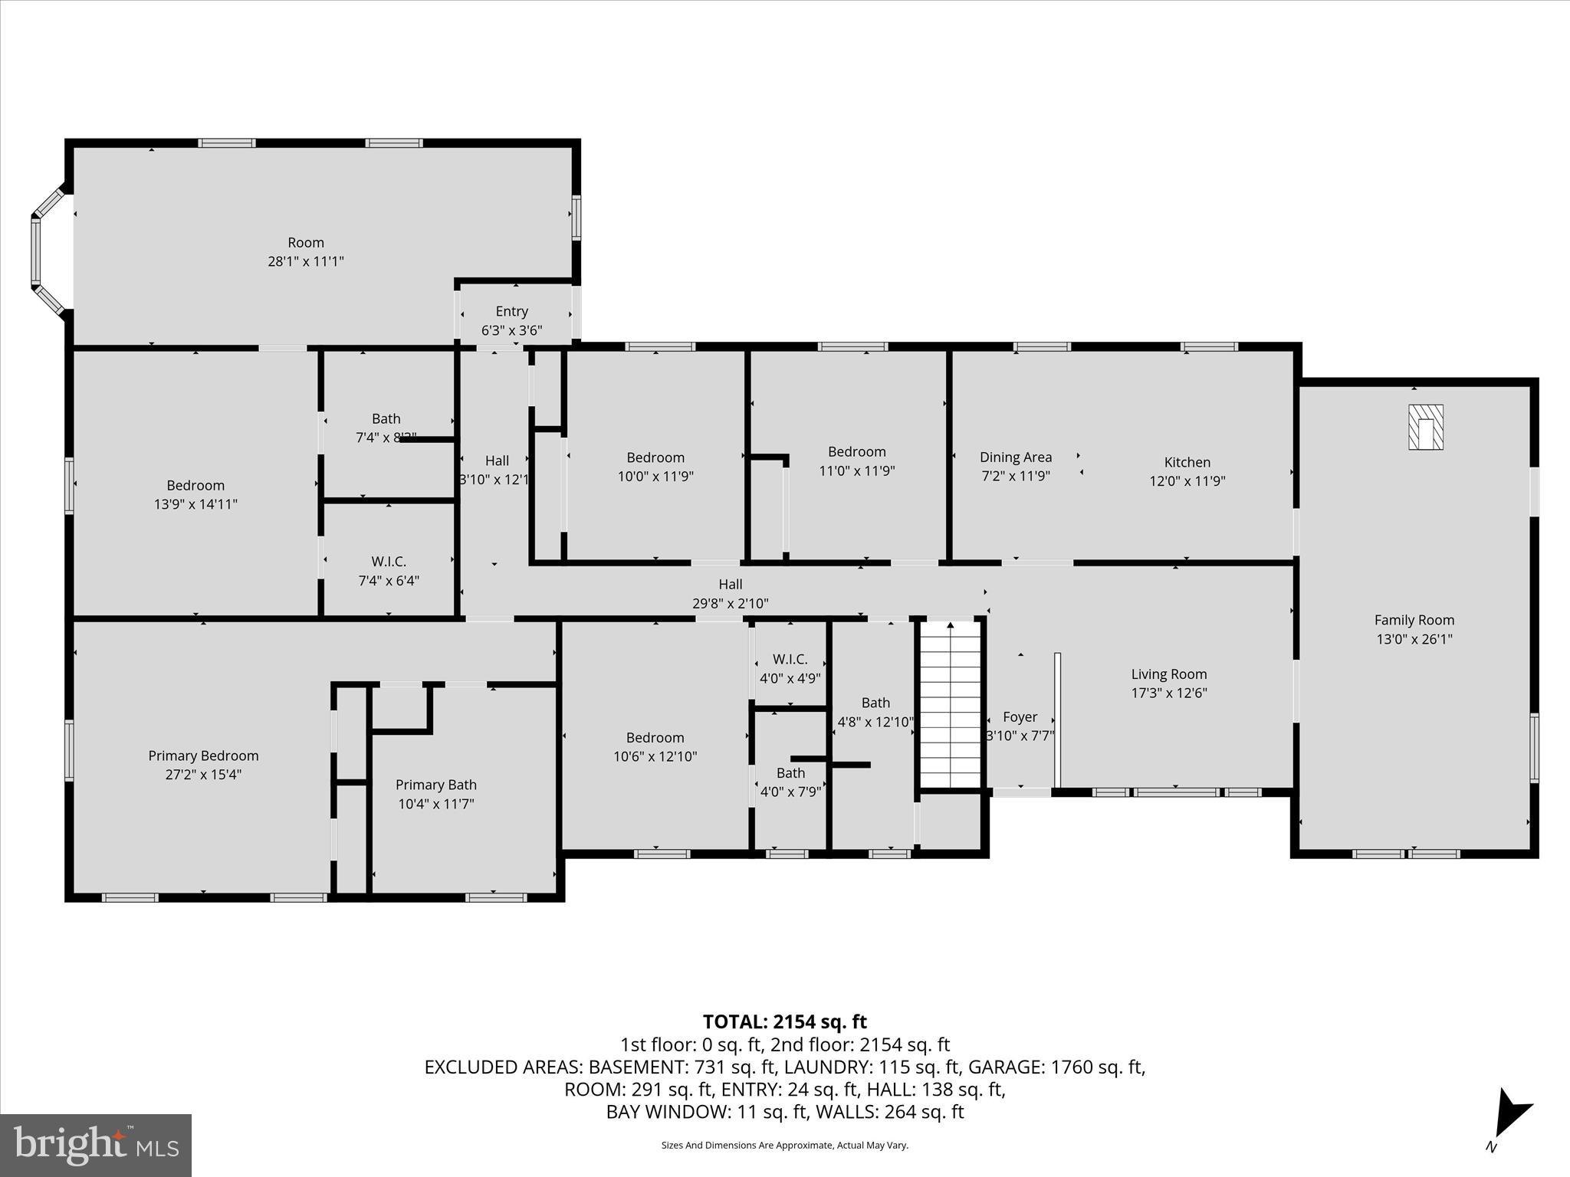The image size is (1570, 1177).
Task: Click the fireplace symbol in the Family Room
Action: click(x=1426, y=427)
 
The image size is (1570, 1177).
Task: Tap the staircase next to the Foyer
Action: click(x=950, y=705)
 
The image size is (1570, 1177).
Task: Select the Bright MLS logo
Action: click(x=96, y=1145)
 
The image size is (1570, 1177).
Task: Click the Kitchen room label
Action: click(x=1187, y=462)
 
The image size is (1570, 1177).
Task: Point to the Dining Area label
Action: click(x=1015, y=457)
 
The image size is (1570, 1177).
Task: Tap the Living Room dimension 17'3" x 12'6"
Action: click(x=1168, y=693)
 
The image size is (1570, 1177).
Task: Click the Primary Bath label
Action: click(x=435, y=785)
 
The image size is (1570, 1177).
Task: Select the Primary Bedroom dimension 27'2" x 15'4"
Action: click(x=203, y=774)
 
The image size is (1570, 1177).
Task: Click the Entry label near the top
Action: click(x=511, y=311)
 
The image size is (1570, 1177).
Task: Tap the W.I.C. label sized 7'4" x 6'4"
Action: click(x=388, y=562)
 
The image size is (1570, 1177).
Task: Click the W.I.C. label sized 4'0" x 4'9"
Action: click(x=790, y=659)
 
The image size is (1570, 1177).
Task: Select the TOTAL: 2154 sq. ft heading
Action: click(x=784, y=1021)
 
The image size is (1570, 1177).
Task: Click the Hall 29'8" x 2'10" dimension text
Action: click(x=730, y=603)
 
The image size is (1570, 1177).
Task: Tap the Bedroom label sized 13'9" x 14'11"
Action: click(x=195, y=485)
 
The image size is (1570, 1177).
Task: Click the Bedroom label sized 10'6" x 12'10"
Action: click(x=655, y=737)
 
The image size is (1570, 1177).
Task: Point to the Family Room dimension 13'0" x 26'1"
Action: click(x=1414, y=638)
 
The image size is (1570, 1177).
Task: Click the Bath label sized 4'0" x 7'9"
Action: click(x=790, y=772)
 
